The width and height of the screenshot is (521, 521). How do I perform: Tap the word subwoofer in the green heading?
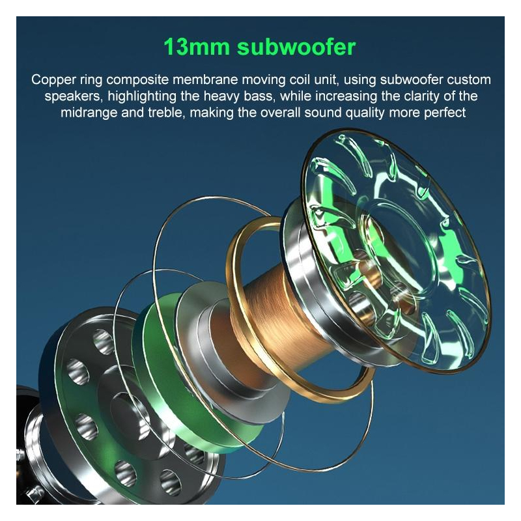[296, 47]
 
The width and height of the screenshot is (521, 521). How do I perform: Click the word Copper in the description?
[53, 80]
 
